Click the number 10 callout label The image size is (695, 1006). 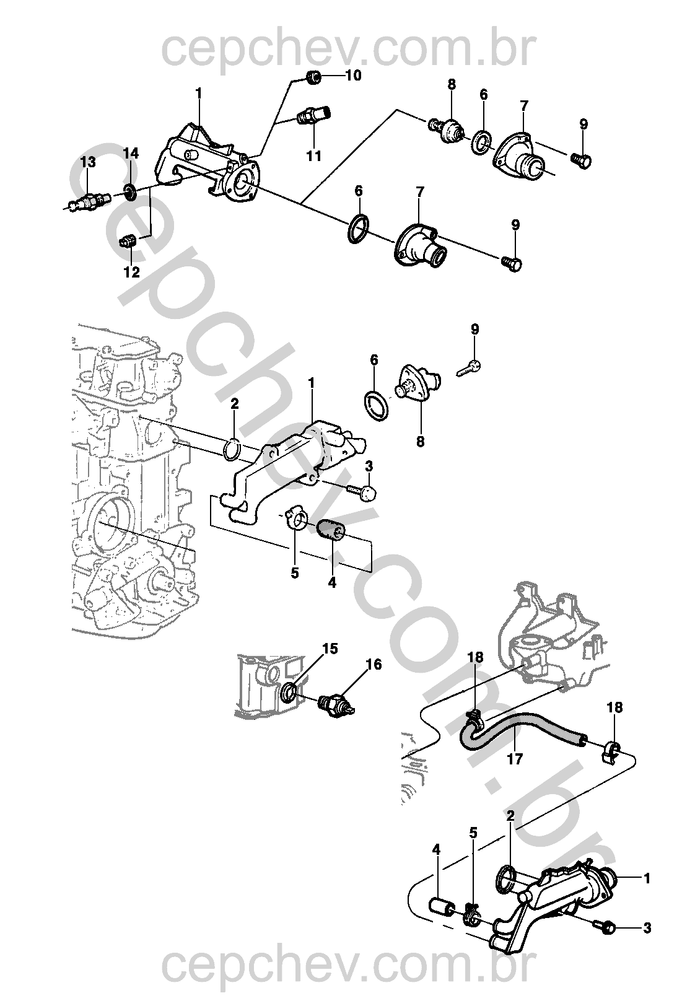click(x=353, y=76)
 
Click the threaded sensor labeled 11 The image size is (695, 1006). click(x=314, y=116)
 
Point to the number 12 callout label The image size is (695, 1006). click(x=131, y=272)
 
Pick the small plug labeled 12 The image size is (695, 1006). click(x=128, y=241)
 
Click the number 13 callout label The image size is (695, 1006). click(x=88, y=162)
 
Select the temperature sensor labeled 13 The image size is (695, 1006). click(x=88, y=201)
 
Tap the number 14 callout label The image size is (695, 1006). click(x=131, y=154)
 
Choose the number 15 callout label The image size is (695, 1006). click(x=330, y=649)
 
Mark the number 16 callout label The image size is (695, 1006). click(x=374, y=664)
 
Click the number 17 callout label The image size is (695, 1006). click(x=515, y=759)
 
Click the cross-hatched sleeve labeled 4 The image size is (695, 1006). click(x=331, y=531)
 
